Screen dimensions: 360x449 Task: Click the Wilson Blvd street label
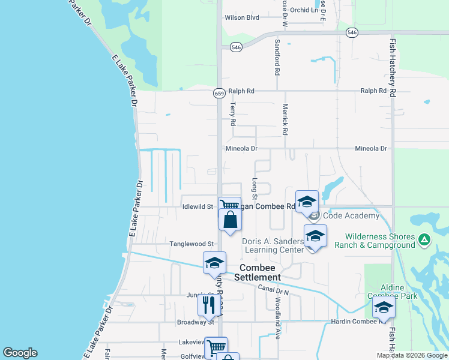tap(242, 17)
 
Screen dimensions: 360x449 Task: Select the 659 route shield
tap(219, 93)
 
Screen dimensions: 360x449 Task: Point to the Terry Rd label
tap(233, 113)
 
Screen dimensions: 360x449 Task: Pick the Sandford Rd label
tap(277, 58)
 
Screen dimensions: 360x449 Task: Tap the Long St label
tap(255, 188)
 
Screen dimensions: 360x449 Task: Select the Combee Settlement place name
tap(260, 272)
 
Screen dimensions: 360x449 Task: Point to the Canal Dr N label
tap(274, 290)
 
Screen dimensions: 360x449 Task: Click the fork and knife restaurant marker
tap(208, 305)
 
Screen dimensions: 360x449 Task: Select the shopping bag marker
tap(230, 220)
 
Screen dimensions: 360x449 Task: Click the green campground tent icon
tap(424, 240)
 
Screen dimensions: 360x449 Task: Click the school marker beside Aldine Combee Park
tap(384, 308)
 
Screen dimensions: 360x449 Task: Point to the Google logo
tap(20, 353)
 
